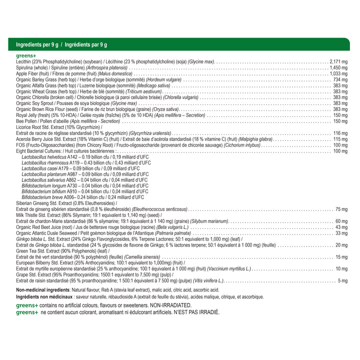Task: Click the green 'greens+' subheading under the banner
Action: pyautogui.click(x=25, y=55)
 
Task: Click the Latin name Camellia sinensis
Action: pyautogui.click(x=143, y=257)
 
